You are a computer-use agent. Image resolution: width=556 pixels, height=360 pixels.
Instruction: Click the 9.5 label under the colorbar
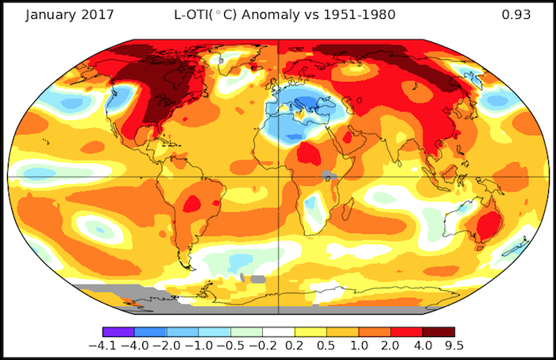point(454,347)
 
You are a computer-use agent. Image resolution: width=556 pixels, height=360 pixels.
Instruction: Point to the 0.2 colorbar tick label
point(295,347)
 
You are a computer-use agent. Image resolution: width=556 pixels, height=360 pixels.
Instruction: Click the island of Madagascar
point(348,211)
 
